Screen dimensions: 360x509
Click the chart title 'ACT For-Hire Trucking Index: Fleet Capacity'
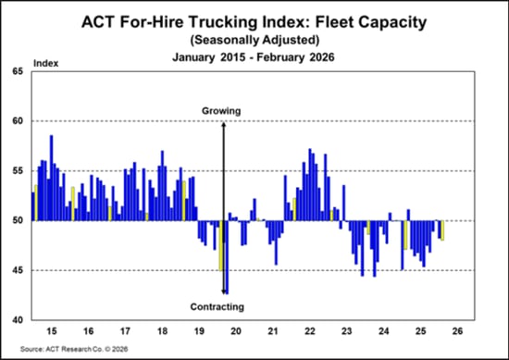254,21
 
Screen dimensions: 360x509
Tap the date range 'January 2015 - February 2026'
254,57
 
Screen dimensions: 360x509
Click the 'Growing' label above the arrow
222,111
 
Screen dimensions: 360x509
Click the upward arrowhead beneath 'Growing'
223,124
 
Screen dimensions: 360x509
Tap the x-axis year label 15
51,330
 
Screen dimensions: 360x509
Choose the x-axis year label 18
162,330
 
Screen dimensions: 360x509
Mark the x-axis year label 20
236,330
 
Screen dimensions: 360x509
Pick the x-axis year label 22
310,330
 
